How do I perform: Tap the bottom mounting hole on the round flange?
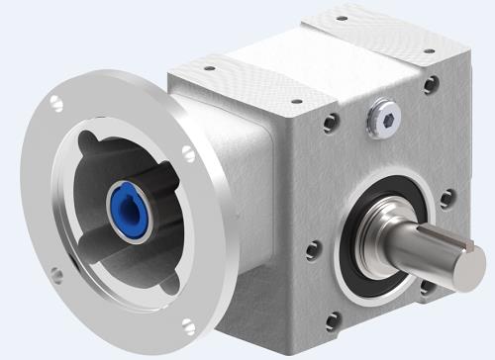pos(58,274)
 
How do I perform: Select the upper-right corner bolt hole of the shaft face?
pos(431,85)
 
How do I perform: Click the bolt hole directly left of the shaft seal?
pos(314,247)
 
